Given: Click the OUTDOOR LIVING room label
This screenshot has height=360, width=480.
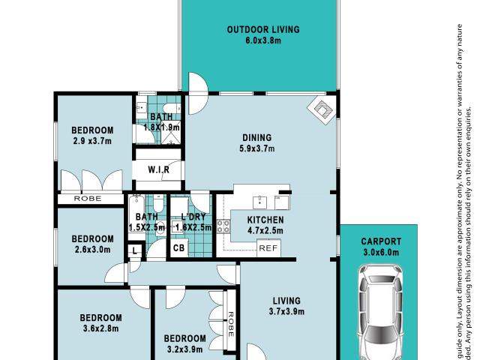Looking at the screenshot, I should pos(263,30).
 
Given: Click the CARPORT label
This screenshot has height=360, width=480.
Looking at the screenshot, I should pos(381,241).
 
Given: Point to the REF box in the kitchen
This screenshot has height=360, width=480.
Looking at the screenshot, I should pos(267,248).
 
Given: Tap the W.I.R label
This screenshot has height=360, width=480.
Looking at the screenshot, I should pos(157,170).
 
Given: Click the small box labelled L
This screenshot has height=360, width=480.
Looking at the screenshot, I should pos(133,251).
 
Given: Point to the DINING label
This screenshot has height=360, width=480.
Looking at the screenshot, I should pos(256,137).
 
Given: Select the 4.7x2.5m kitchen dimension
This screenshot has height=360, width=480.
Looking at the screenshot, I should pos(265,231).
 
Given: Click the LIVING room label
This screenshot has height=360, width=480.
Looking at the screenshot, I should pos(286,300).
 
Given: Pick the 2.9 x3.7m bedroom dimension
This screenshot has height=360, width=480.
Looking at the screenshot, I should pos(92,141).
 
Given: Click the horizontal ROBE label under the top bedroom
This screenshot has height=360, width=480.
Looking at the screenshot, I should pos(88,199).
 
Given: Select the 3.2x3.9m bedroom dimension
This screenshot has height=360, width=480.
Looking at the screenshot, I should pos(184,349).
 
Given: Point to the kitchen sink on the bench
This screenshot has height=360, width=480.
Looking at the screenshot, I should pos(259,200).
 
